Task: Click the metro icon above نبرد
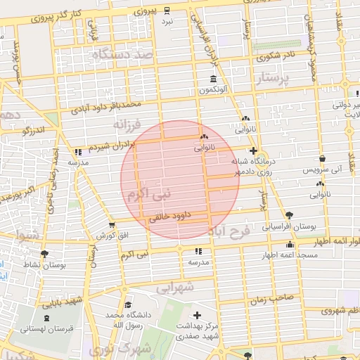tap(167, 10)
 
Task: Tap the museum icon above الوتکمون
tap(213, 79)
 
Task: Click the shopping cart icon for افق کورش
tap(111, 225)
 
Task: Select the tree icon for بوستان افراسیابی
tap(289, 215)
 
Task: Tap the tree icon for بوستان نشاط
tap(46, 254)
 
